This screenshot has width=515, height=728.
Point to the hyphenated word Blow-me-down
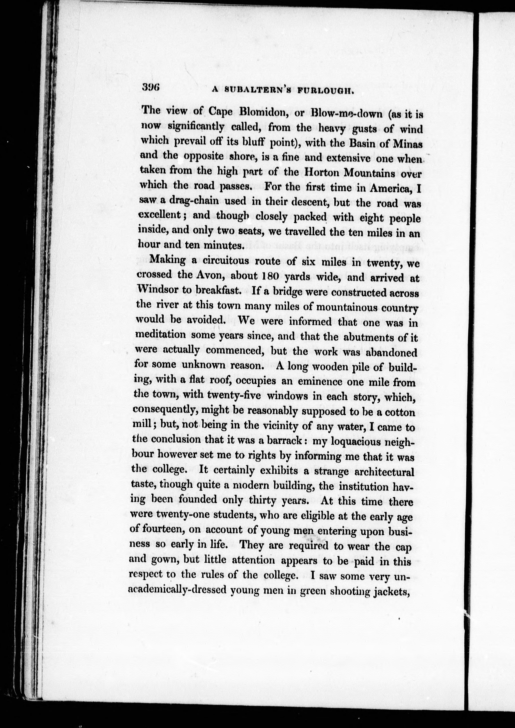[347, 113]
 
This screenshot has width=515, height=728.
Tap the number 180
[270, 276]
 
